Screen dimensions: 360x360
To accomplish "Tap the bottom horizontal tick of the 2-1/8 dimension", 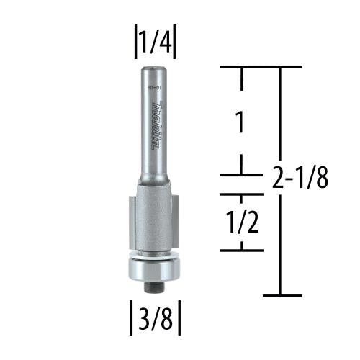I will click(281, 295).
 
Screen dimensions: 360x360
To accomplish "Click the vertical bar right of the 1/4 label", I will click(176, 45).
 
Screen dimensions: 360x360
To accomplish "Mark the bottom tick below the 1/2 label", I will click(241, 249).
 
